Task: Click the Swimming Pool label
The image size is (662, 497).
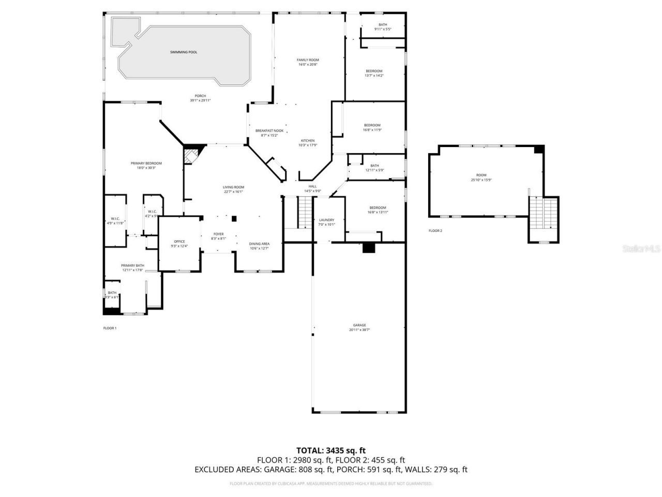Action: pos(184,52)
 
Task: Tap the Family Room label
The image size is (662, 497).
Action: pos(308,60)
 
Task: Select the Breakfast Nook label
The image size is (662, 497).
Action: pos(269,131)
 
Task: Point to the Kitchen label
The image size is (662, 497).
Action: pos(308,141)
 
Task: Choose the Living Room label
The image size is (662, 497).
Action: pos(233,187)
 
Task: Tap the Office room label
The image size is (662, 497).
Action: pos(179,242)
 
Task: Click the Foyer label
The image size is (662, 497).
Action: pos(219,234)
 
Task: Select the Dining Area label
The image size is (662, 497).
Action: pos(259,244)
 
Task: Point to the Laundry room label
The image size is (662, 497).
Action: pos(326,220)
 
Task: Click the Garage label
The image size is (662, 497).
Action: pos(359,326)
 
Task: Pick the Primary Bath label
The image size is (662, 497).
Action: pos(133,266)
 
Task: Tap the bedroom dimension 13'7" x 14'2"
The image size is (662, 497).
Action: pos(374,76)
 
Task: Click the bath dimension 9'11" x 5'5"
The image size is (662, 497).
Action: pos(383,29)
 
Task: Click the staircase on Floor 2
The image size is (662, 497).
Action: pos(544,213)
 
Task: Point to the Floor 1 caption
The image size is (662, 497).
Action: pos(110,328)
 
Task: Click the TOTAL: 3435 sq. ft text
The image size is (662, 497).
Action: pos(330,450)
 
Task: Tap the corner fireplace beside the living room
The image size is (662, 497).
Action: pos(191,156)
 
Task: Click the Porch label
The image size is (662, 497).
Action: pos(200,96)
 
